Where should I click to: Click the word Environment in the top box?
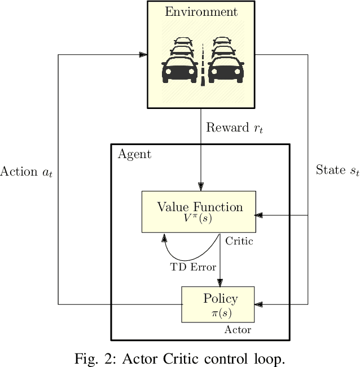201,12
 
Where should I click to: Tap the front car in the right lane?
226,68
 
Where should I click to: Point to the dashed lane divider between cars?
202,62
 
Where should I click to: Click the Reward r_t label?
235,128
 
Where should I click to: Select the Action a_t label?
27,172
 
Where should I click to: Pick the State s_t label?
337,171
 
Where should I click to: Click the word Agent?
134,154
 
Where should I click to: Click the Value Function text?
200,207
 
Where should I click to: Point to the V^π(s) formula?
199,219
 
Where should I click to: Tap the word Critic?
239,241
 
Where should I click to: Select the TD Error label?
193,266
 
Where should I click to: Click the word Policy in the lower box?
220,299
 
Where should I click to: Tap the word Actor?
238,330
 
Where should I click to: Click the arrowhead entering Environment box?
143,55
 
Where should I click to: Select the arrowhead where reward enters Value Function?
200,187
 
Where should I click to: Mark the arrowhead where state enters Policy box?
258,304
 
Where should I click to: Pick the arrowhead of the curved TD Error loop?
164,237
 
